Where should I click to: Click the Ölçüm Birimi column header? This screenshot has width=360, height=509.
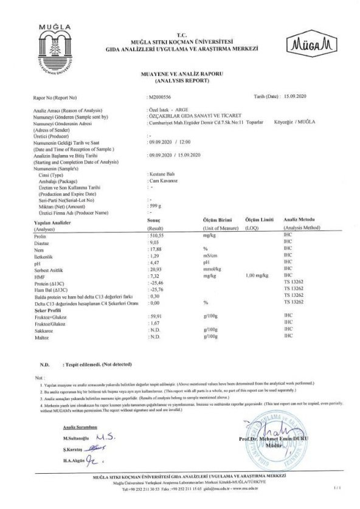click(218, 220)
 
